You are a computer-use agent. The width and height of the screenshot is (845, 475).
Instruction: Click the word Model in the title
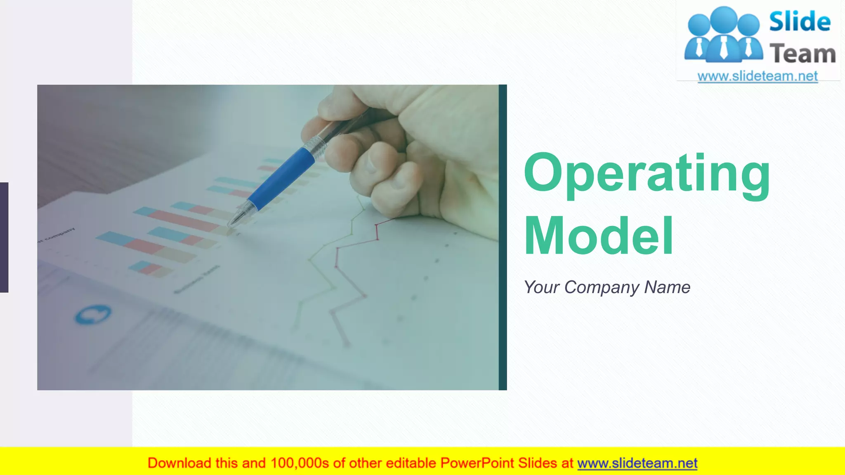tap(598, 237)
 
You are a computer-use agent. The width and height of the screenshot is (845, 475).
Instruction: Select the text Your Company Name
tap(607, 287)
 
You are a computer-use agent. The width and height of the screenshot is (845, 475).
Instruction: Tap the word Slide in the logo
tap(799, 22)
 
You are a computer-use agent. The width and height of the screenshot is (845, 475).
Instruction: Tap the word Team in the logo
tap(803, 54)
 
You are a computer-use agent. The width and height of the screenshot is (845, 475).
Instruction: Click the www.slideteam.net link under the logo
tap(758, 76)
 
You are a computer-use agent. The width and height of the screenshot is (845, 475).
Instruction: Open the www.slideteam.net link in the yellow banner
tap(637, 463)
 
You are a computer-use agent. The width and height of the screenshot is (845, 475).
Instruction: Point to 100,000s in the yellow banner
tap(300, 463)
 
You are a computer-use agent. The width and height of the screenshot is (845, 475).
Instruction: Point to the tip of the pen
tap(231, 225)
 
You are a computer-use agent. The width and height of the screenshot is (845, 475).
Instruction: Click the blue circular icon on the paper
tap(93, 315)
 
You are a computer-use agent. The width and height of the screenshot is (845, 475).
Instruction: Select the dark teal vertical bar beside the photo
tap(503, 237)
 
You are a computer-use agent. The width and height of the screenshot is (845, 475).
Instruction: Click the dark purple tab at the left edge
tap(4, 237)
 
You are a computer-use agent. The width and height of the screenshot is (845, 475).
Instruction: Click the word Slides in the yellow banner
tap(537, 463)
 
